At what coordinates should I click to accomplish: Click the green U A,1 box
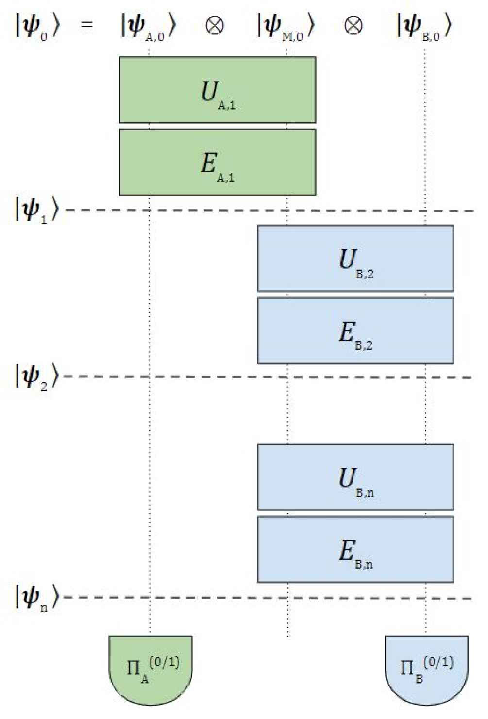click(218, 90)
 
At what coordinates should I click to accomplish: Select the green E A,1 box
click(218, 163)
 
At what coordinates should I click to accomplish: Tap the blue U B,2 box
click(355, 259)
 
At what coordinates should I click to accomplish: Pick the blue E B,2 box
click(355, 331)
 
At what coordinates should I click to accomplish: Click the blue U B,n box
click(355, 477)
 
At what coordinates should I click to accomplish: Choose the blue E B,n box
click(355, 549)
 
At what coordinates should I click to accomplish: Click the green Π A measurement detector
click(151, 670)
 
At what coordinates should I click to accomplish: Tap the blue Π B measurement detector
click(426, 670)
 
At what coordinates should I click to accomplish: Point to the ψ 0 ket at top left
click(37, 27)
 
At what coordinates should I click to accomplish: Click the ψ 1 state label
click(37, 210)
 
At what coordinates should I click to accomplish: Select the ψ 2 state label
click(37, 376)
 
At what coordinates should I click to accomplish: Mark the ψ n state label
click(37, 597)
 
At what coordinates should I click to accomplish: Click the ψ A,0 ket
click(148, 27)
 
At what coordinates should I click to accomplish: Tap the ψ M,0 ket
click(286, 27)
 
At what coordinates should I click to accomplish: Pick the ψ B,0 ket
click(424, 27)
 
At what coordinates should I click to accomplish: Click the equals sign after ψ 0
click(86, 24)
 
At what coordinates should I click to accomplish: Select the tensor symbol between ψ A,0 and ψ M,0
click(215, 25)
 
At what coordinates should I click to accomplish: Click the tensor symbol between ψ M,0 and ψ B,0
click(353, 25)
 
